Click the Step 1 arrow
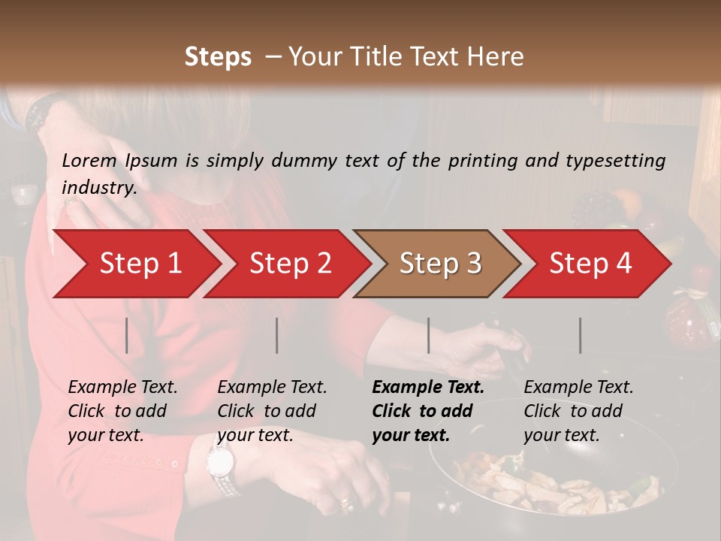(x=135, y=264)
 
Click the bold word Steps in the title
(x=218, y=56)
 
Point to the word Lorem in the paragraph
(x=89, y=160)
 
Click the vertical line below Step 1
(x=127, y=335)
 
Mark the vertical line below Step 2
(x=277, y=335)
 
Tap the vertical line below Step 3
(x=428, y=335)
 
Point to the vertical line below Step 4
(x=580, y=335)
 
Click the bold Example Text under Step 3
(x=428, y=388)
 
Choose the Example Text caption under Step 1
(x=122, y=388)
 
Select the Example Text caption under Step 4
(x=578, y=388)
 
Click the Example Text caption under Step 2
(x=272, y=388)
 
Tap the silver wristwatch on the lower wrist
(x=222, y=466)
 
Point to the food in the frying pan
(x=556, y=485)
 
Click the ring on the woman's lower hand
(x=346, y=502)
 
